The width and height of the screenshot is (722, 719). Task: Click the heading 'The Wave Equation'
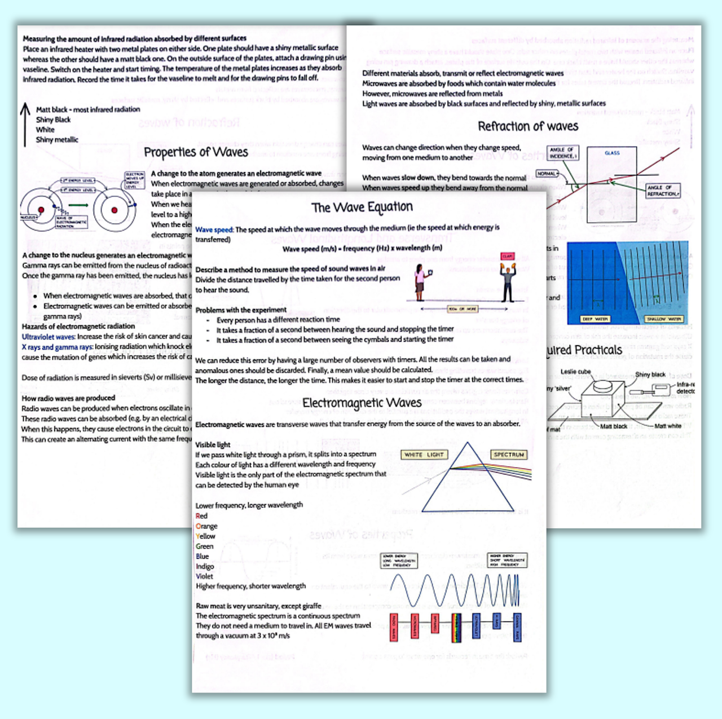point(362,208)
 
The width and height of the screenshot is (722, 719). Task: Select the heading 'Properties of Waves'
point(196,152)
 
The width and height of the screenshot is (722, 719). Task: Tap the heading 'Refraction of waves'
point(528,126)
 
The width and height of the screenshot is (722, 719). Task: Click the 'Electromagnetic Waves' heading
point(362,403)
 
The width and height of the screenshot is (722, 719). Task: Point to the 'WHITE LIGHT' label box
point(424,455)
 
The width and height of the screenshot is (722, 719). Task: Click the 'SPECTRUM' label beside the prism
point(509,455)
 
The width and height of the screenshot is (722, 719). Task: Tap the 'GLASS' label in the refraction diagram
point(612,153)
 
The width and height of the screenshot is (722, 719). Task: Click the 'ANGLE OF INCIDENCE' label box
point(562,153)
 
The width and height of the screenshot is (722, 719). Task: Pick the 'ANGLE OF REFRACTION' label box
point(663,190)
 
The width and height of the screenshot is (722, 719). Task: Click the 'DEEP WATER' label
point(595,319)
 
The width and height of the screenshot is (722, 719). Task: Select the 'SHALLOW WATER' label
point(664,319)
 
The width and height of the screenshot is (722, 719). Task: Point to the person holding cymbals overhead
point(508,279)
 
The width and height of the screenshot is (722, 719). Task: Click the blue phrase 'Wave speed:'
point(214,230)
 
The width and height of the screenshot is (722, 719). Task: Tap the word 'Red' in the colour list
point(201,516)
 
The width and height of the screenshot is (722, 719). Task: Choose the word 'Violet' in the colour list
point(204,576)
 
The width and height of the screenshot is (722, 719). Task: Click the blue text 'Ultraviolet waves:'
point(49,337)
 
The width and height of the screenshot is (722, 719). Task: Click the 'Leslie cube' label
point(575,372)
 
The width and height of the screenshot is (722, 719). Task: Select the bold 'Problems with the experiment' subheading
point(241,310)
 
